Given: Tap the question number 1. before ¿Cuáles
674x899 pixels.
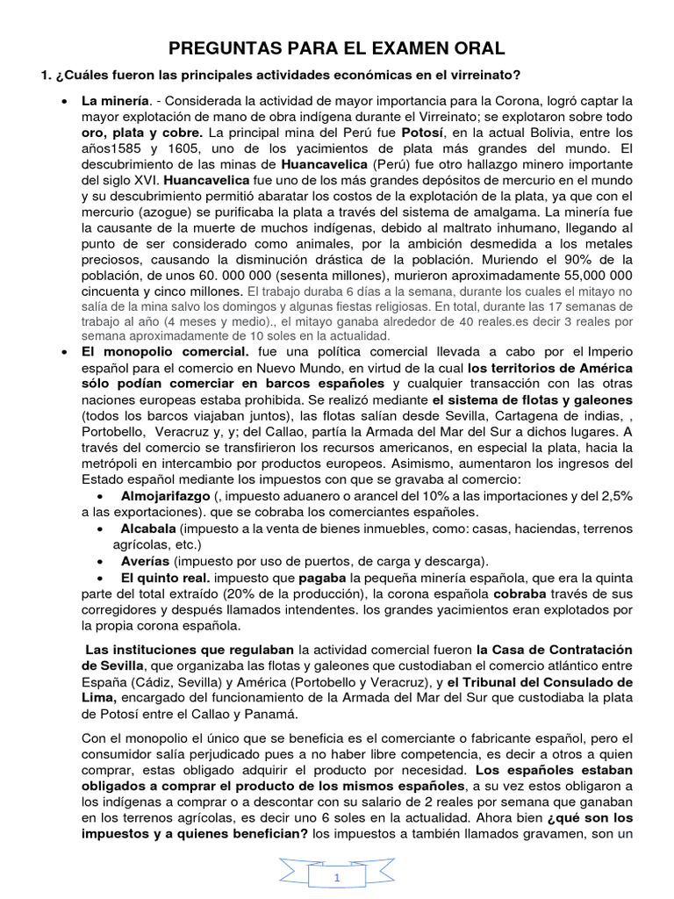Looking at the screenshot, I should coord(46,76).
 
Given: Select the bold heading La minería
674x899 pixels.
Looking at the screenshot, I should coord(116,102).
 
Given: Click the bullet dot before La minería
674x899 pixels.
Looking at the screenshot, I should coord(65,102).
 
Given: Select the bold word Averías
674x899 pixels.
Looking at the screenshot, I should coord(145,560).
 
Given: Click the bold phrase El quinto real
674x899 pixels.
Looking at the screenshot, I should coord(165,578).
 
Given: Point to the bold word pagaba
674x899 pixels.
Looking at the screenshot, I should coord(323,578).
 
